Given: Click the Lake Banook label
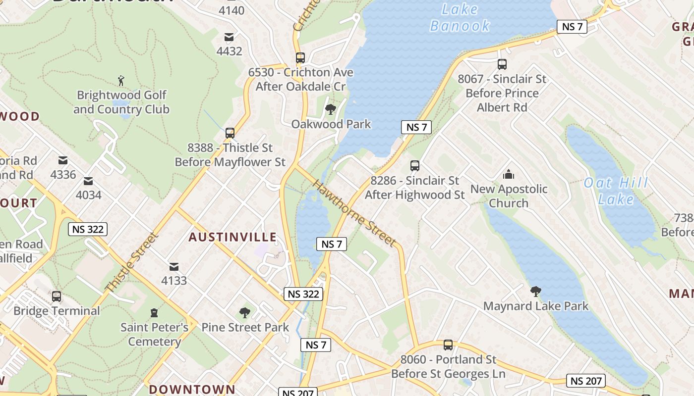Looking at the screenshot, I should pyautogui.click(x=460, y=17).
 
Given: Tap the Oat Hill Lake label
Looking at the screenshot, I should pyautogui.click(x=616, y=191).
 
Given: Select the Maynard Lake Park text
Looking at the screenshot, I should pyautogui.click(x=536, y=306).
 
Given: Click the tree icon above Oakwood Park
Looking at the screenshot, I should pyautogui.click(x=330, y=109).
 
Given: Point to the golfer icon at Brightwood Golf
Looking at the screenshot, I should pyautogui.click(x=121, y=80).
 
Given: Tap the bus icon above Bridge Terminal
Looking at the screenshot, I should pyautogui.click(x=57, y=296).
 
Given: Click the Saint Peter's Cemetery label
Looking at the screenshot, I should pyautogui.click(x=154, y=334).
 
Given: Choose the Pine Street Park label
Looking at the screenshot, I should pyautogui.click(x=245, y=327).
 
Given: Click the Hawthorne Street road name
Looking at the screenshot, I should pyautogui.click(x=354, y=213).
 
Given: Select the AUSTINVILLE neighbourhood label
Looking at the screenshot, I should pyautogui.click(x=232, y=237).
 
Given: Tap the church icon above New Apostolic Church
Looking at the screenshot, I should pyautogui.click(x=509, y=174).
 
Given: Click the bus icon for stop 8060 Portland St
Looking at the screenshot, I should pyautogui.click(x=448, y=345).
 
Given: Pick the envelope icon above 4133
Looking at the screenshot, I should pyautogui.click(x=174, y=266).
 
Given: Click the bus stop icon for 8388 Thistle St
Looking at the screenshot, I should pyautogui.click(x=230, y=133).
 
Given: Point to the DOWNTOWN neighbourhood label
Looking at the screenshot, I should pyautogui.click(x=192, y=389).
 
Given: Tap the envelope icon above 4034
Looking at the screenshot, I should pyautogui.click(x=88, y=181).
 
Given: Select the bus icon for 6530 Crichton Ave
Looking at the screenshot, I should pyautogui.click(x=300, y=57).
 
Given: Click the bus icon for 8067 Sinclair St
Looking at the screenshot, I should pyautogui.click(x=502, y=64).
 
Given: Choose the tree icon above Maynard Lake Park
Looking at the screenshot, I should pyautogui.click(x=535, y=292).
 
